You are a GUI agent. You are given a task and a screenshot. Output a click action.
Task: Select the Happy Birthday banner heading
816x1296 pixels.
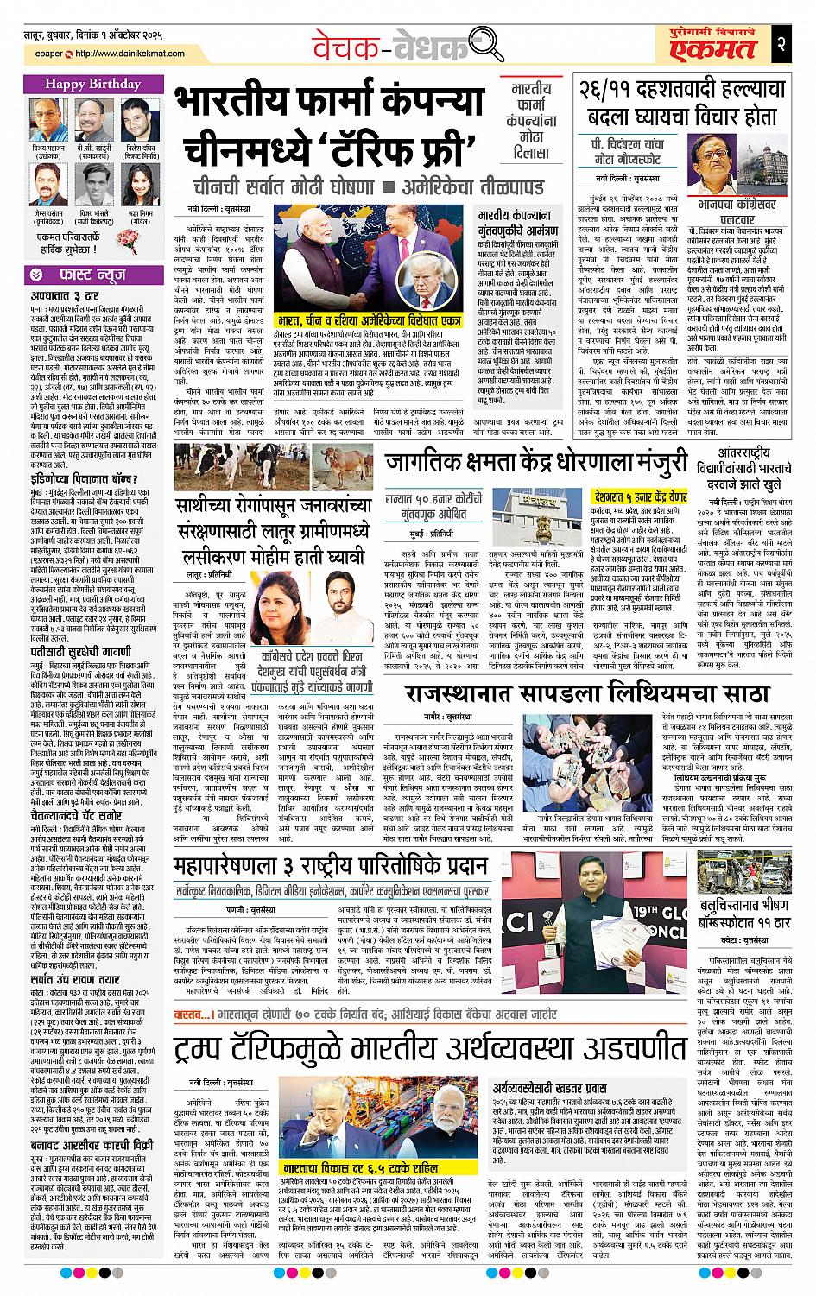click(x=89, y=85)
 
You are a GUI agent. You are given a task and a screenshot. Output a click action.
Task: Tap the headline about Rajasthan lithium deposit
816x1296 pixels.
click(x=586, y=692)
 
